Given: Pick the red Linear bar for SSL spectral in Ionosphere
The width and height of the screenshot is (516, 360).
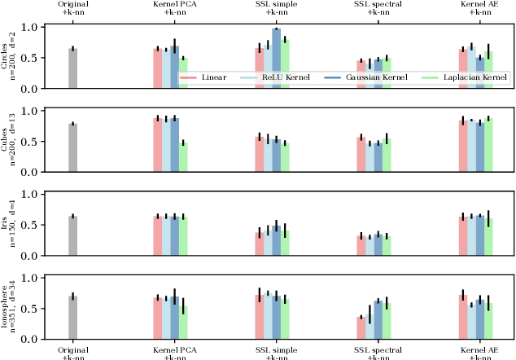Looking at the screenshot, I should coord(361,327).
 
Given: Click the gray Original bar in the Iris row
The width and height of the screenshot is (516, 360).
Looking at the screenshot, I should coord(72,235).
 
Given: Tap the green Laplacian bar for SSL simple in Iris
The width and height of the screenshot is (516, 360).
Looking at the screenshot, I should coord(285,244).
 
